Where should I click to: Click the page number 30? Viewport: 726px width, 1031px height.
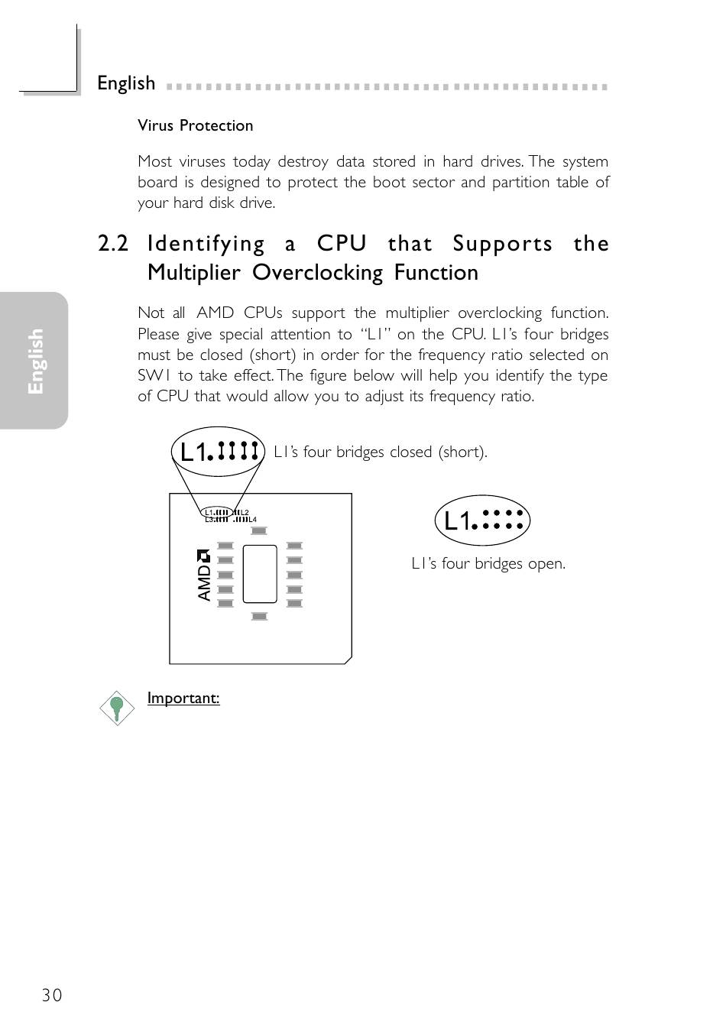click(x=52, y=994)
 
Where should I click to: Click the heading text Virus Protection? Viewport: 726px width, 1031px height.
click(x=195, y=125)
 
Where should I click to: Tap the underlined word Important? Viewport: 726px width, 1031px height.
click(x=183, y=698)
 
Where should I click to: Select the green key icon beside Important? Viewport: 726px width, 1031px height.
click(x=117, y=708)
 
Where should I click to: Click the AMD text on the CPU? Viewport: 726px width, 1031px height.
click(x=204, y=582)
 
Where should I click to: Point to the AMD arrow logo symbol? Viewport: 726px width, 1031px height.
click(x=203, y=556)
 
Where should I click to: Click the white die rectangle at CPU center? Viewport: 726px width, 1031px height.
click(x=260, y=574)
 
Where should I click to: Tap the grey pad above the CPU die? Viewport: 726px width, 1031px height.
click(x=259, y=531)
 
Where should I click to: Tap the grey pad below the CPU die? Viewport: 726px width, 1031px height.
click(x=259, y=616)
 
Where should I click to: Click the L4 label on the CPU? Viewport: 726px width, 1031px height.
click(x=252, y=520)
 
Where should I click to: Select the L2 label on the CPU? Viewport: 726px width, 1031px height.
click(x=245, y=512)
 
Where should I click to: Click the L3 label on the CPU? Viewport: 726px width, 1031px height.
click(x=208, y=520)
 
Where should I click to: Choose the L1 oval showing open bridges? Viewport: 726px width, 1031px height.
click(x=482, y=521)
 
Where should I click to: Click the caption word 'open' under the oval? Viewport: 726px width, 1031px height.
click(x=547, y=564)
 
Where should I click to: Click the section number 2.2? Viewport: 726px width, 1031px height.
click(x=113, y=244)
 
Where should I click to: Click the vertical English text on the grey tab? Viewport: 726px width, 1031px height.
click(x=35, y=361)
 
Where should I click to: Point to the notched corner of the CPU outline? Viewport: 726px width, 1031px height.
click(x=347, y=659)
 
